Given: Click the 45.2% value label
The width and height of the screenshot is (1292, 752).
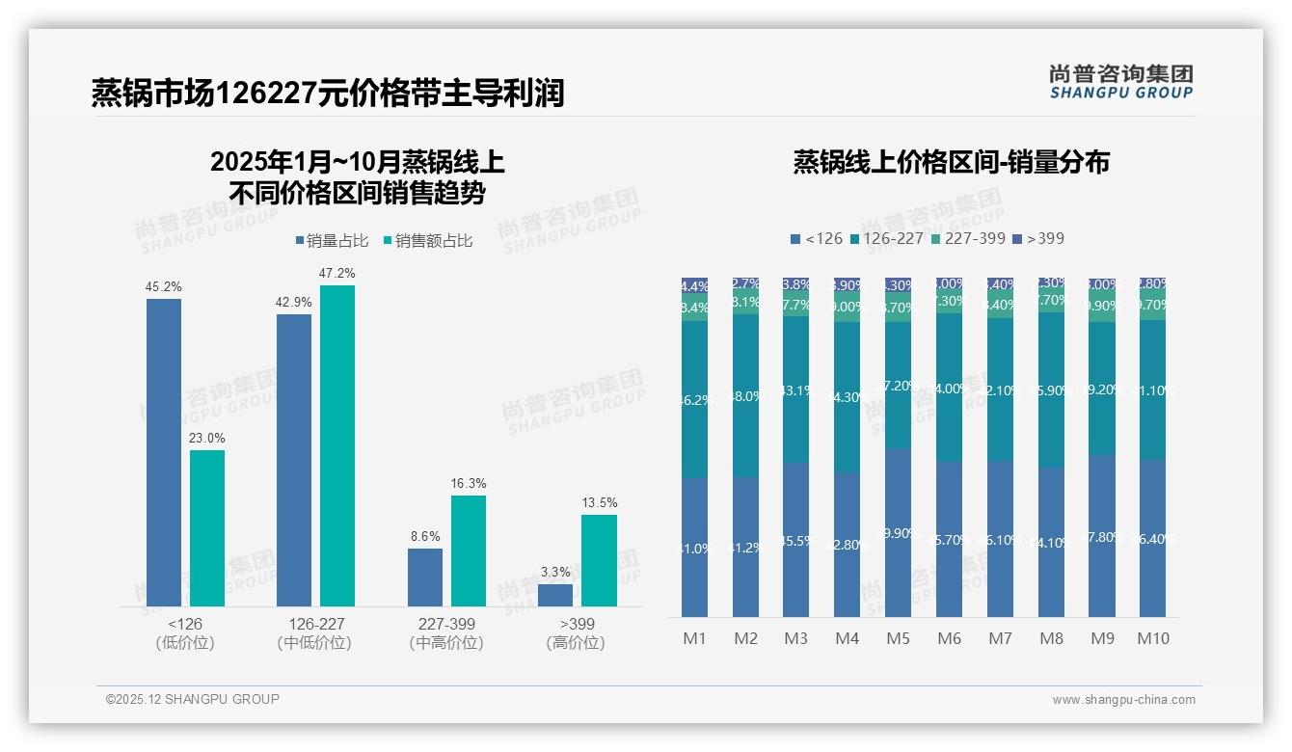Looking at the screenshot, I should (164, 287).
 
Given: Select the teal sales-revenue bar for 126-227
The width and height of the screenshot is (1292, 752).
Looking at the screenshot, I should (337, 444).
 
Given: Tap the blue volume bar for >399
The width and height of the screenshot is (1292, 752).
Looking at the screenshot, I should (555, 595).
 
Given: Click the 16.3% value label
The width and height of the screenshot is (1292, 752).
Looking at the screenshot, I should (469, 484).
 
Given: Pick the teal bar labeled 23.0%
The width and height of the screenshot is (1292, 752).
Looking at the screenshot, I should (207, 527).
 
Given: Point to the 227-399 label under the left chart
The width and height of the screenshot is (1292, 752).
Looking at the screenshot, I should (446, 624).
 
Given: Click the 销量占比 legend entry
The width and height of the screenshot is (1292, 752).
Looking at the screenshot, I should (332, 241).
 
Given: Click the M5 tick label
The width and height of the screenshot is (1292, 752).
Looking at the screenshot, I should (898, 638).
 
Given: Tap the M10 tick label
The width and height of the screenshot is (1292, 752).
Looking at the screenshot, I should (1153, 638).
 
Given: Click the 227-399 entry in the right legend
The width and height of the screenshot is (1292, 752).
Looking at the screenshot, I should (968, 238).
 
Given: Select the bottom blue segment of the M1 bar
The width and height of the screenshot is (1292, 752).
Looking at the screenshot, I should (694, 547).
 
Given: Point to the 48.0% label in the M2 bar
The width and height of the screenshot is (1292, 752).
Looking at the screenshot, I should (745, 396).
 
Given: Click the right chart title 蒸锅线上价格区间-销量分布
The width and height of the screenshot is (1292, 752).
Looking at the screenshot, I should (951, 162).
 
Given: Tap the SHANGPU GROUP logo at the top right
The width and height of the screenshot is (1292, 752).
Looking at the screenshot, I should (1121, 82).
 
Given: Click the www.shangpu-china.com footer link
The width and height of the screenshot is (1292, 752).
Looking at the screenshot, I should (1123, 700).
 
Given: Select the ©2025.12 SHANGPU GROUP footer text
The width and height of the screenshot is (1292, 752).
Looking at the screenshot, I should (193, 699).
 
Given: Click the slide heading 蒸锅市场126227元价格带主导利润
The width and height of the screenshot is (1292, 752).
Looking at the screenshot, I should (328, 94).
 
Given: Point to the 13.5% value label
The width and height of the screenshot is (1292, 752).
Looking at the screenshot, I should (599, 503).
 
